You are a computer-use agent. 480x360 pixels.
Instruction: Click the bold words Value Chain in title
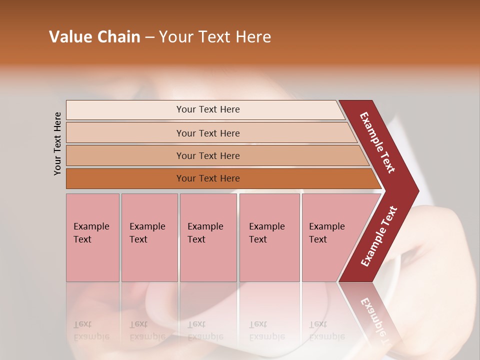tap(94, 37)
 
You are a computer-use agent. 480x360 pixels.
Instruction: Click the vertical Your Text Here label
tap(58, 144)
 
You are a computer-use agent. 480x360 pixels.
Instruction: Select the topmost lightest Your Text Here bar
tap(208, 109)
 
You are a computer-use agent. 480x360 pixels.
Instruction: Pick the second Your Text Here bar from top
tap(208, 133)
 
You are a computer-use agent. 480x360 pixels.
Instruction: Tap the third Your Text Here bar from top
tap(208, 155)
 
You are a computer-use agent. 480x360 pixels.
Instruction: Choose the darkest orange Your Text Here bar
tap(208, 178)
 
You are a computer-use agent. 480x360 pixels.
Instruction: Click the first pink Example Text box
tap(92, 237)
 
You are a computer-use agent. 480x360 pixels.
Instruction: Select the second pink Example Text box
tap(149, 237)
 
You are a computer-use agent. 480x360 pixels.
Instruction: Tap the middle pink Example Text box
tap(208, 237)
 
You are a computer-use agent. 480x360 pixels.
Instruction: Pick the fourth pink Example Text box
tap(269, 237)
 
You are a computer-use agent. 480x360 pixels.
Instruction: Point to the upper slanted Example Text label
tap(377, 142)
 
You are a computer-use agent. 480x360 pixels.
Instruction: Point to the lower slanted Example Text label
tap(378, 236)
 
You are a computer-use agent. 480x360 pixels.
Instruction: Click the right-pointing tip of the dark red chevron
tap(416, 190)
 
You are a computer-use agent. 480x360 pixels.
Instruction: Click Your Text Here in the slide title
tap(215, 37)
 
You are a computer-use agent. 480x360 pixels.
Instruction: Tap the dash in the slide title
tap(149, 37)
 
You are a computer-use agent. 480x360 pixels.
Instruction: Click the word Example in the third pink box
tap(205, 226)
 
